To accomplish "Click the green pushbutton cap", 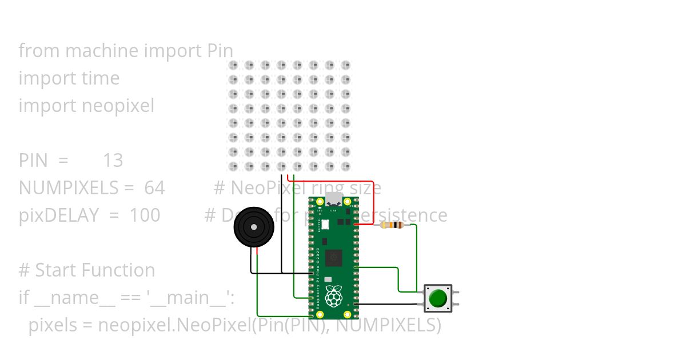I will [x=438, y=298].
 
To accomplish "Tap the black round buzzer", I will [x=254, y=227].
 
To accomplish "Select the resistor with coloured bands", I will [x=392, y=225].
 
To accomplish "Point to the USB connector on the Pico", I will [x=334, y=201].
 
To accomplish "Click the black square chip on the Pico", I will [x=333, y=258].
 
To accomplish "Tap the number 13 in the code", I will [x=113, y=161].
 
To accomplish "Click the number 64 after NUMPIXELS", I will [x=154, y=188].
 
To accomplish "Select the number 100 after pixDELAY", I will [x=145, y=215].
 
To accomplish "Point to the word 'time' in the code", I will [x=101, y=78].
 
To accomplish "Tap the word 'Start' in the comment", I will [x=57, y=270].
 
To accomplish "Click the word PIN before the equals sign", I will [x=33, y=161].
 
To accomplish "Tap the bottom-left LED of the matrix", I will [x=233, y=166].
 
